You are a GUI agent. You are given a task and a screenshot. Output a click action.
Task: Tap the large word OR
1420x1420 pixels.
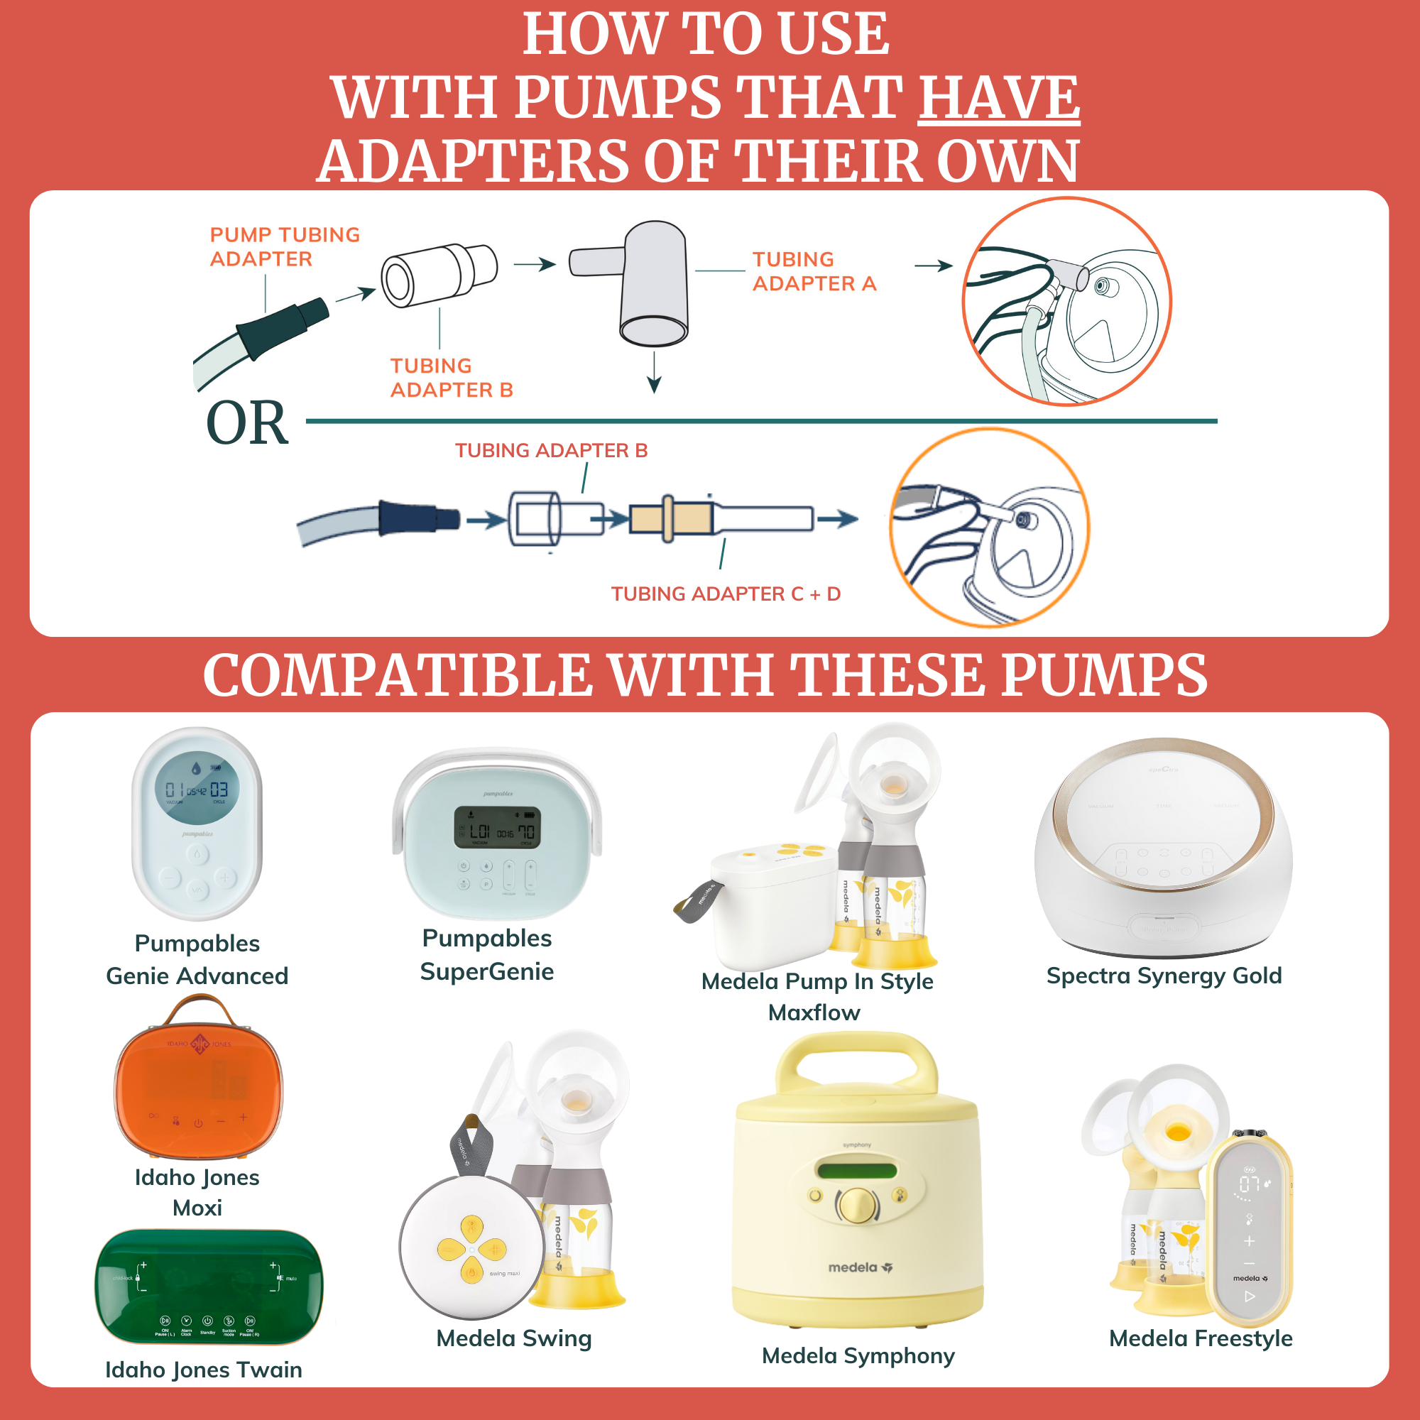click(x=247, y=423)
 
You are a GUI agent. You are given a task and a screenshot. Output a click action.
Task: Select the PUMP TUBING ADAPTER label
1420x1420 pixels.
click(x=285, y=246)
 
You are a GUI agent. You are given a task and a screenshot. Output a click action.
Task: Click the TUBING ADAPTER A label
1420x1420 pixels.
click(x=814, y=271)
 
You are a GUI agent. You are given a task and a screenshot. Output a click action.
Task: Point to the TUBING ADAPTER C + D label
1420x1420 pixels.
click(x=726, y=594)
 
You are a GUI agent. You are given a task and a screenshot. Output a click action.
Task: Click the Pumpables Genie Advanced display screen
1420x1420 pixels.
click(x=197, y=788)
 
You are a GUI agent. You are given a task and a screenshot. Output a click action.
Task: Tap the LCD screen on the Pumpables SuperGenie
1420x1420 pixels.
click(x=497, y=829)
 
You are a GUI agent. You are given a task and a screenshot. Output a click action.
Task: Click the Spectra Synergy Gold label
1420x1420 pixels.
click(x=1164, y=976)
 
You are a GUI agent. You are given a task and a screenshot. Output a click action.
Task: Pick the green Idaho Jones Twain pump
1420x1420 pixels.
click(x=208, y=1287)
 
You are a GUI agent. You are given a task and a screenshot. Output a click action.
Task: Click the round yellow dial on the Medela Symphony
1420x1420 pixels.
click(x=857, y=1204)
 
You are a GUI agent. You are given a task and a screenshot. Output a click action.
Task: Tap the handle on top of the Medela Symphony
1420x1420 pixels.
click(x=856, y=1059)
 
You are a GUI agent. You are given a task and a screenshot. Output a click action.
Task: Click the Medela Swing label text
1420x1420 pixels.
click(x=514, y=1338)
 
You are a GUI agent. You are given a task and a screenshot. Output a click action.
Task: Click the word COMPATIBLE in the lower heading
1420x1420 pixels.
click(x=397, y=675)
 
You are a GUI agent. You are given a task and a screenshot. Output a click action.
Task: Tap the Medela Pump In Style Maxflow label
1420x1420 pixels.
click(x=816, y=996)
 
